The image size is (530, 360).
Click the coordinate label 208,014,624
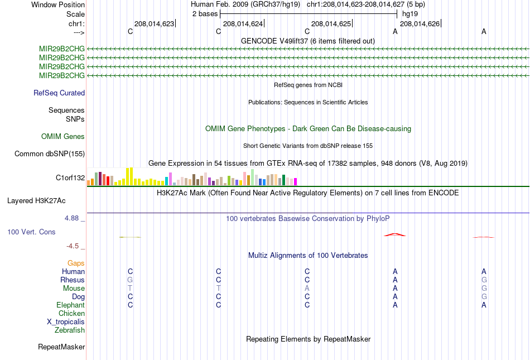(x=243, y=23)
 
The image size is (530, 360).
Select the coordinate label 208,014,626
(x=420, y=23)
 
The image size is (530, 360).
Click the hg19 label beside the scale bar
(x=410, y=14)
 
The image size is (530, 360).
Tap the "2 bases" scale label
(x=205, y=14)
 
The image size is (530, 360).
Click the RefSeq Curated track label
(x=59, y=93)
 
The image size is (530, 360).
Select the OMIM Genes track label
(x=63, y=137)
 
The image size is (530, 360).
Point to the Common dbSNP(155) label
(x=50, y=154)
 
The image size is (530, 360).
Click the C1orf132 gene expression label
(x=70, y=178)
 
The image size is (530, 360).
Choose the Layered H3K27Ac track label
(x=36, y=201)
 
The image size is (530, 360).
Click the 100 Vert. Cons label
(x=31, y=232)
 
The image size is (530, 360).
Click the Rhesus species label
(x=73, y=280)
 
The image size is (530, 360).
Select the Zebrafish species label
(x=70, y=330)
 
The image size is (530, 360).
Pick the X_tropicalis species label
(x=66, y=322)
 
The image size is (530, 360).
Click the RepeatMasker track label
(x=61, y=347)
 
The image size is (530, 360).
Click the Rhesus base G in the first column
(x=130, y=280)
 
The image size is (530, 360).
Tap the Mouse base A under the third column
(x=307, y=289)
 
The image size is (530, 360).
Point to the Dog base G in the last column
(x=484, y=297)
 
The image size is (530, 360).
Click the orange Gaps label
(x=76, y=263)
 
